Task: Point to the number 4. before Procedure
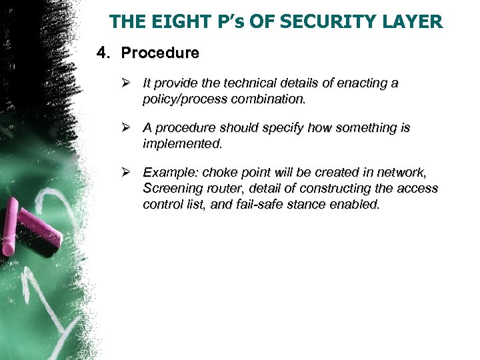pos(104,52)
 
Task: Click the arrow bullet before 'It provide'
pos(129,83)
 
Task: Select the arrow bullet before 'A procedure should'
pos(129,127)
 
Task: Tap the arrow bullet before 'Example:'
pos(129,171)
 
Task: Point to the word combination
pos(265,99)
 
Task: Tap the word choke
pos(220,171)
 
